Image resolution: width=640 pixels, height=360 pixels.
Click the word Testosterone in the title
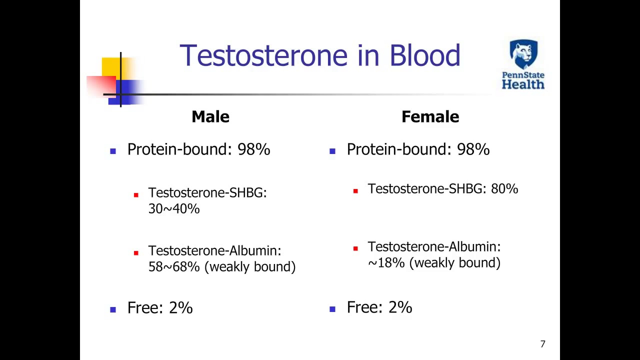(x=263, y=55)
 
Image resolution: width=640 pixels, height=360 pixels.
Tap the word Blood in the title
(x=425, y=55)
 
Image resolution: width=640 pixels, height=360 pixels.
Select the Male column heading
(x=210, y=116)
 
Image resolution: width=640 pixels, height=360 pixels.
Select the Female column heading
(x=430, y=116)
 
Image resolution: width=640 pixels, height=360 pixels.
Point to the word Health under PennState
(x=523, y=84)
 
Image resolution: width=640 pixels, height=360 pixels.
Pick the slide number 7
(x=543, y=343)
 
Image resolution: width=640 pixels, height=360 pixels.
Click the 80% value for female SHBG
(x=504, y=189)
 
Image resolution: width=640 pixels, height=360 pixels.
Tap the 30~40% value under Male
(x=174, y=208)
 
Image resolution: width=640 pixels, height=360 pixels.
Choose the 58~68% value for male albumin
(x=174, y=266)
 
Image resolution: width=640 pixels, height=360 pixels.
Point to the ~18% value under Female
(x=386, y=262)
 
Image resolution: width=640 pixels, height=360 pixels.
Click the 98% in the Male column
(x=253, y=149)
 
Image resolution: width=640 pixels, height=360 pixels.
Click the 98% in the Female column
(x=473, y=149)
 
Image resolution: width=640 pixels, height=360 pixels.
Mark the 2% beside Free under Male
(x=181, y=307)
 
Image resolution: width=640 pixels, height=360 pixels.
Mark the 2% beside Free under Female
(x=400, y=307)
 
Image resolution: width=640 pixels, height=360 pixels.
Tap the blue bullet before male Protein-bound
(x=113, y=151)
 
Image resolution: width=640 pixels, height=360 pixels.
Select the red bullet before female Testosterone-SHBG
(x=355, y=191)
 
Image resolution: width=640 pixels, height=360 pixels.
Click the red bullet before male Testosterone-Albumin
(x=136, y=253)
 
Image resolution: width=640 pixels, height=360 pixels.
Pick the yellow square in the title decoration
(x=111, y=66)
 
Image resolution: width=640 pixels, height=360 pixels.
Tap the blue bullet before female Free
(x=332, y=309)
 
